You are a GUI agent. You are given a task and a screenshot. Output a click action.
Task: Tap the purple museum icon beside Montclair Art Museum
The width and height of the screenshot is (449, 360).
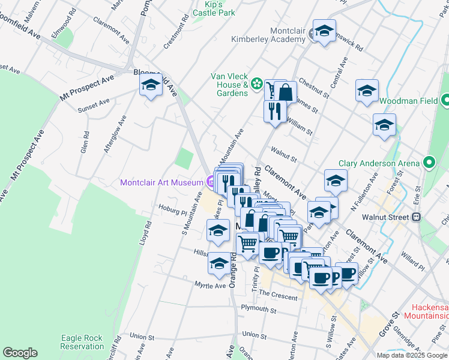click(210, 182)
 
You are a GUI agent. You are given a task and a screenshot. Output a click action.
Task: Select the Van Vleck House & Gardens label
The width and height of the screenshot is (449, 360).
click(229, 85)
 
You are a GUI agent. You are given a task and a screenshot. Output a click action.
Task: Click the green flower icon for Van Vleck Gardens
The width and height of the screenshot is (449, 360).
click(257, 85)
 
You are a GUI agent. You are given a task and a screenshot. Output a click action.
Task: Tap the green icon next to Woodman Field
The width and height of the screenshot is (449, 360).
click(445, 101)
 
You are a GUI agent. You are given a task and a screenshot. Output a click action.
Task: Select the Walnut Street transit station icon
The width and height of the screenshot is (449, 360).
click(416, 217)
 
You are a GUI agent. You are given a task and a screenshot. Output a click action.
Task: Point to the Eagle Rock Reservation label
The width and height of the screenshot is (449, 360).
click(82, 342)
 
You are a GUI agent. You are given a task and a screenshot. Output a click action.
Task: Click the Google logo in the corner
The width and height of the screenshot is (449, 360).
click(20, 353)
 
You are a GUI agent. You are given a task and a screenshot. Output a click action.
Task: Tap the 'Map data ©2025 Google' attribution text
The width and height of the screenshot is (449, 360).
click(412, 355)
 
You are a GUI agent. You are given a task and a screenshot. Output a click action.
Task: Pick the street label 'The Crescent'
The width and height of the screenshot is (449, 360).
click(279, 297)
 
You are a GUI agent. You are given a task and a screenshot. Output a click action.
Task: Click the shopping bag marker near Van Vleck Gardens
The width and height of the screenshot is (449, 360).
click(286, 92)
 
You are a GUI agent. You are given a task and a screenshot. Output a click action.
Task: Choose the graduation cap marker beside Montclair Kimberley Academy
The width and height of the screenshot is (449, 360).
click(324, 32)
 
